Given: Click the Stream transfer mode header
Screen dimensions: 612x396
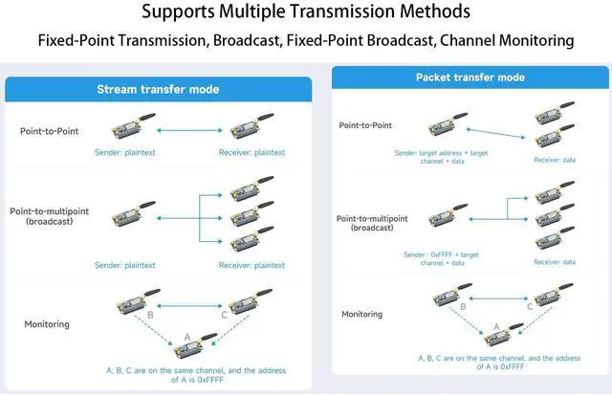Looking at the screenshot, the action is (158, 89).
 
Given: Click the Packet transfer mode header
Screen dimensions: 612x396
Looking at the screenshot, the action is (470, 77).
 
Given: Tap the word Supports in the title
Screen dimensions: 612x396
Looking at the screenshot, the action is (178, 11).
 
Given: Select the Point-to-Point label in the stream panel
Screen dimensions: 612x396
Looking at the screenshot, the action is (49, 131).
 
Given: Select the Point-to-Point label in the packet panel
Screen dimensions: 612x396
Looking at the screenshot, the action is (365, 125).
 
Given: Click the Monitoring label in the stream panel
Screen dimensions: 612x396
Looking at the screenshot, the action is (47, 324).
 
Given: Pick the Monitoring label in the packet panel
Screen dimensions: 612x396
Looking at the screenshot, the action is (361, 314).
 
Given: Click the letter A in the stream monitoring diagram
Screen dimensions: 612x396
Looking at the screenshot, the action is (187, 337).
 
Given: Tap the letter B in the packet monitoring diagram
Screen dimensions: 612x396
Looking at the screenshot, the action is (463, 307).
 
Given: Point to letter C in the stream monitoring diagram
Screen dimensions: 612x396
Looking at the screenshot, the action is (224, 315).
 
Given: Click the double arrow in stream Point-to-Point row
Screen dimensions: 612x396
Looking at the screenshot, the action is (189, 130).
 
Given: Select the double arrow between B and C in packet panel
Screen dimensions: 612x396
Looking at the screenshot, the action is (498, 298).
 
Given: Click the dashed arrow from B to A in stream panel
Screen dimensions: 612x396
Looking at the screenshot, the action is (153, 330).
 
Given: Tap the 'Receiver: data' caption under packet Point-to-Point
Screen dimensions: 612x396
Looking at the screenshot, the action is (555, 160).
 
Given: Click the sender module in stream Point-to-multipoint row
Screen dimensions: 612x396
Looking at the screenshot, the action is (133, 214).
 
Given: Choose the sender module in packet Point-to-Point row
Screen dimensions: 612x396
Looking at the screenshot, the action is (448, 124).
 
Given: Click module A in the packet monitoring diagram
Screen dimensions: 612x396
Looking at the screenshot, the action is (503, 335).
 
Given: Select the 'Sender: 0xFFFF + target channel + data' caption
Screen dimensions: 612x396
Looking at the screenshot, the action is (442, 259).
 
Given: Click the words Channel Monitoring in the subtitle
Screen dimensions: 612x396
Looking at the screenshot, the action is (507, 40).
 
